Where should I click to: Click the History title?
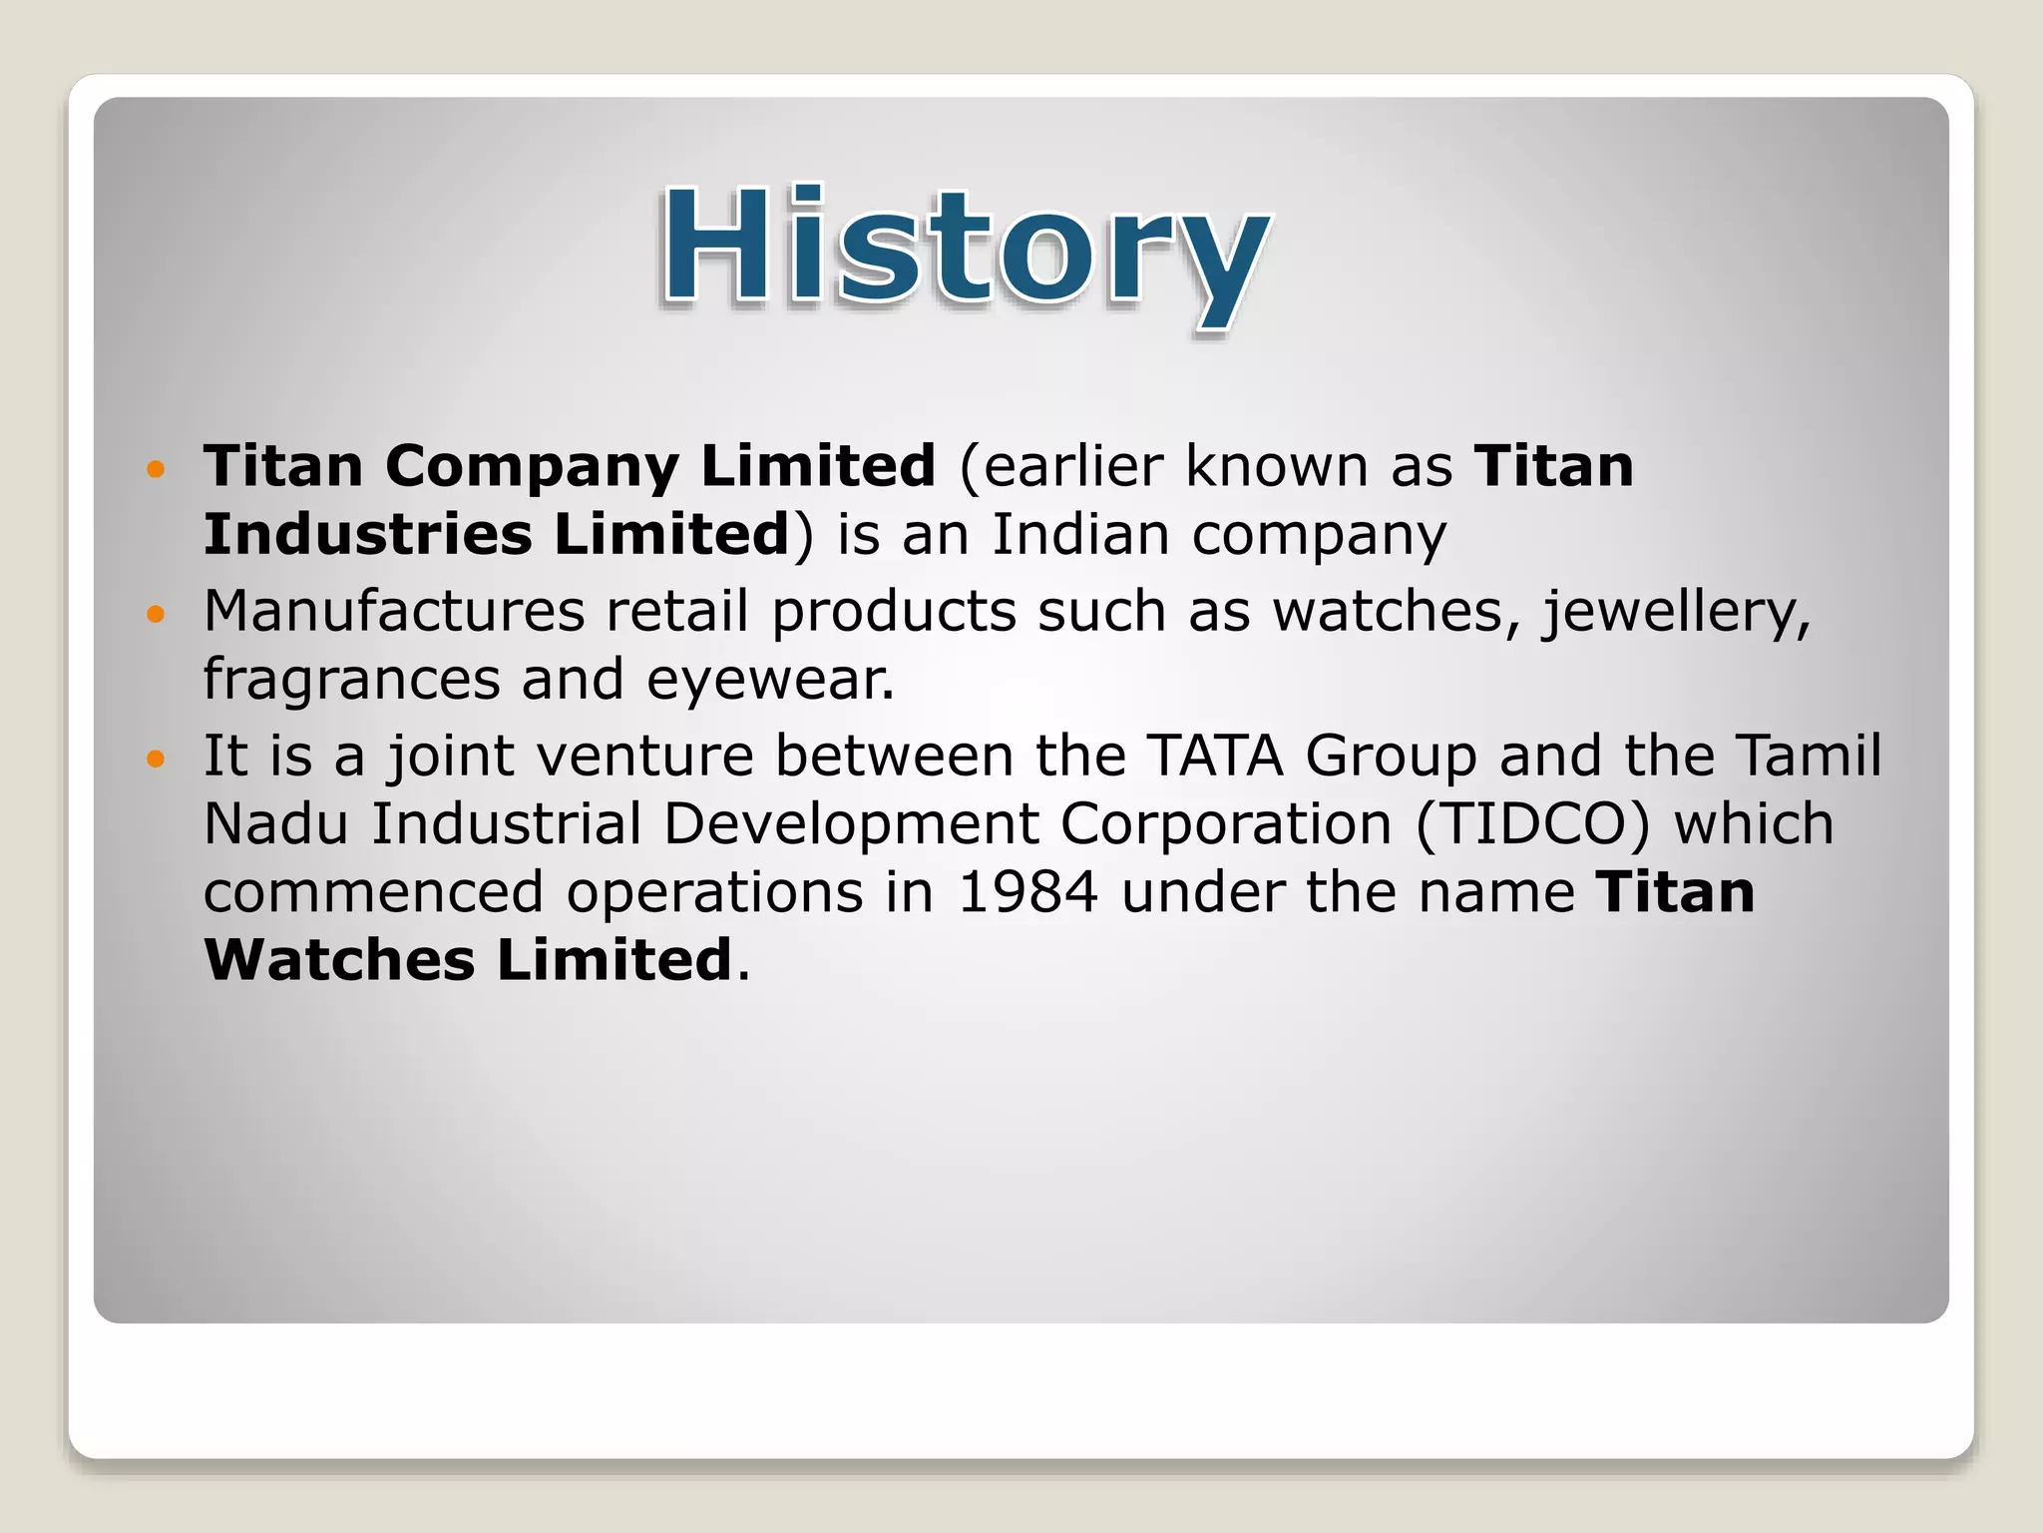coord(966,250)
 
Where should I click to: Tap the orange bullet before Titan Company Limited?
coord(154,468)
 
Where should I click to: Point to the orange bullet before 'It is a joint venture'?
coord(154,759)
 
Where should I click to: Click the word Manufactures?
coord(394,611)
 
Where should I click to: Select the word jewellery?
coord(1676,613)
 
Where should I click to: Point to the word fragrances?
coord(351,681)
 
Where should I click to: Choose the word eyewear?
coord(770,683)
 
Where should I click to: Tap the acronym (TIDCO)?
coord(1532,824)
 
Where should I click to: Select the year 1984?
coord(1027,892)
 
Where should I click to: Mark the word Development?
coord(851,826)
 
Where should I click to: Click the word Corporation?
coord(1225,826)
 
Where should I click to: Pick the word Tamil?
coord(1809,756)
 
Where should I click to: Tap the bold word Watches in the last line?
coord(339,960)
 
